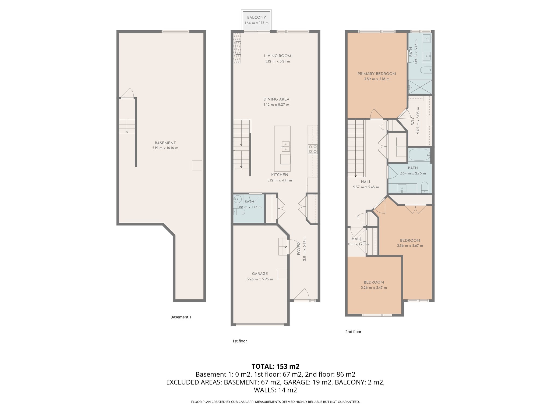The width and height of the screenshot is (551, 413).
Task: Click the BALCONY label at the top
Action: click(256, 17)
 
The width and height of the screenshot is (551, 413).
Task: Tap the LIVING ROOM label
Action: click(277, 56)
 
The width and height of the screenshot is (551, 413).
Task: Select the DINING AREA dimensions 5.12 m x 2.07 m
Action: click(276, 105)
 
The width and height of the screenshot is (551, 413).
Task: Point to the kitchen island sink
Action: click(285, 147)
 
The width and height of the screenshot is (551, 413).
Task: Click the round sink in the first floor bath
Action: click(238, 200)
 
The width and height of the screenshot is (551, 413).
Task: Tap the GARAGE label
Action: click(260, 274)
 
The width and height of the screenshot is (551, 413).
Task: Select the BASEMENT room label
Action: click(165, 143)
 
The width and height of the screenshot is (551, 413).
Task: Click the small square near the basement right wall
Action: click(197, 165)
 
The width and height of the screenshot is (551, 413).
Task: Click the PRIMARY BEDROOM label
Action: click(376, 74)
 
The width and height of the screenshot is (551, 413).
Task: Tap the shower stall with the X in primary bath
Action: click(420, 87)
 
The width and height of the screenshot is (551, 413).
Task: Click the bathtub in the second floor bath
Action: click(419, 155)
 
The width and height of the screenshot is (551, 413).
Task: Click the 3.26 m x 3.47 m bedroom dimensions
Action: click(374, 288)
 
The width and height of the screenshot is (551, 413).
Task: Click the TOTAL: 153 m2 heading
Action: click(275, 366)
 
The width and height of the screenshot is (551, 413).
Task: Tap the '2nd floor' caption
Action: click(353, 332)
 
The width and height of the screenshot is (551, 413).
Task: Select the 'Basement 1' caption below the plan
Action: click(181, 317)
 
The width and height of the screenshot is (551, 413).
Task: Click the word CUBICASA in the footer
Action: click(239, 402)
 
